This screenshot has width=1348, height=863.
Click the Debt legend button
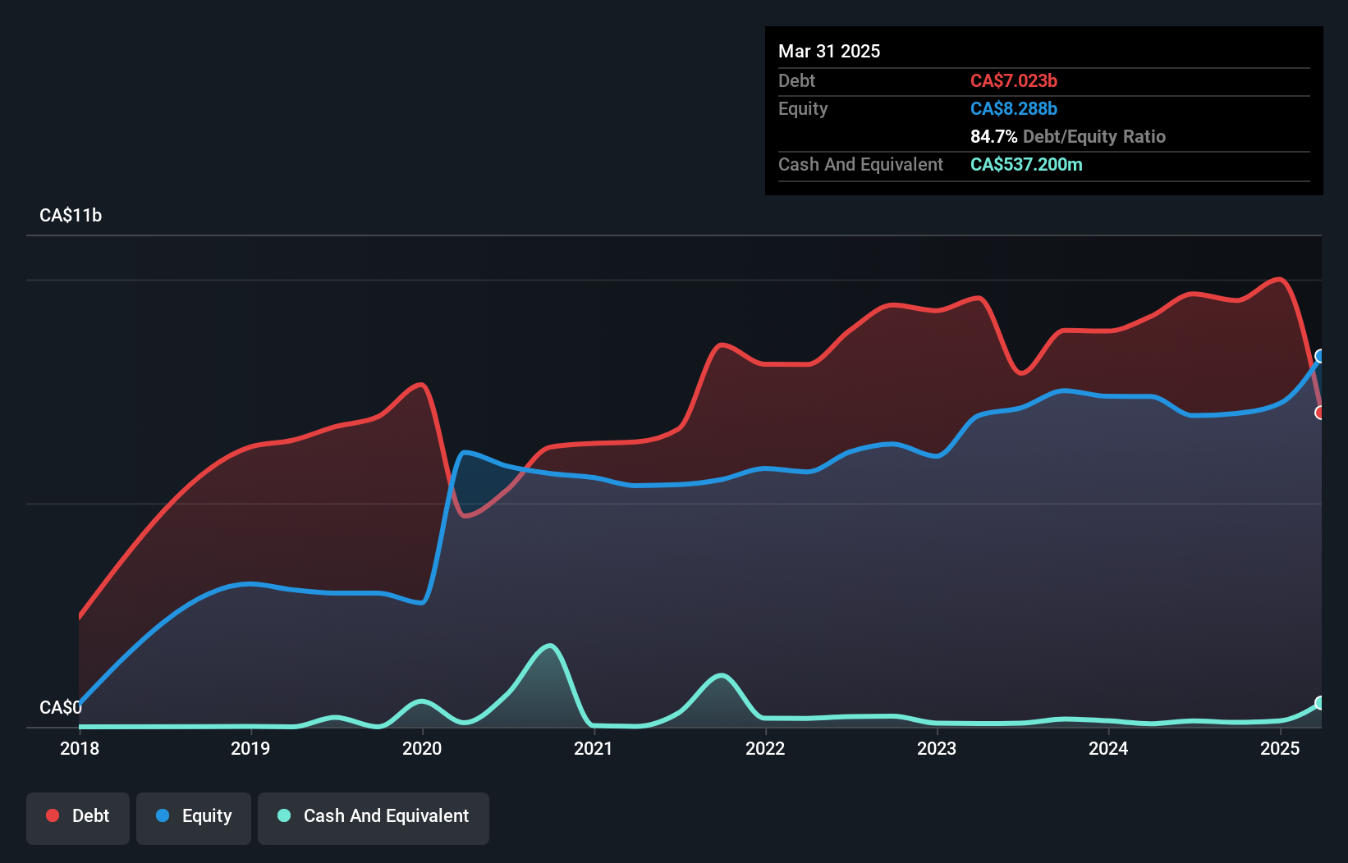(78, 816)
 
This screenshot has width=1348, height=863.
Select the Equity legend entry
(194, 816)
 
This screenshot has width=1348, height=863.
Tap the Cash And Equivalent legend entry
(374, 816)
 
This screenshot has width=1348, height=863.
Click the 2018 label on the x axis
(80, 748)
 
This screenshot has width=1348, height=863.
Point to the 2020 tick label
(422, 748)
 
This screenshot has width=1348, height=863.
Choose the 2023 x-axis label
(937, 748)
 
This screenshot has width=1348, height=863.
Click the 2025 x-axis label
(1280, 748)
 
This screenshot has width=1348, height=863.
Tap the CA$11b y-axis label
(71, 216)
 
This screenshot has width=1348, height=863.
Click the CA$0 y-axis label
(61, 707)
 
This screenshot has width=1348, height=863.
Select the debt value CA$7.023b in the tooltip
(1013, 81)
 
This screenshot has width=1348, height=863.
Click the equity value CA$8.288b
(1013, 109)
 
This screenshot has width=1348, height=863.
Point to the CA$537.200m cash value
(1026, 165)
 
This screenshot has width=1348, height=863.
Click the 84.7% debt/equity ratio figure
(993, 137)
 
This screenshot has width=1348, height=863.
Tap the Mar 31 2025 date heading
(829, 52)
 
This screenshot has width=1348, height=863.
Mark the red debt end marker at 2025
(1320, 413)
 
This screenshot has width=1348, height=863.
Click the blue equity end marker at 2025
(1320, 356)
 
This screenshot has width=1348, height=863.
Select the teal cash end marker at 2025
(1320, 703)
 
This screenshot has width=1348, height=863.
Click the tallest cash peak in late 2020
(551, 646)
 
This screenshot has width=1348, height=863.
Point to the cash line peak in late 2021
(721, 676)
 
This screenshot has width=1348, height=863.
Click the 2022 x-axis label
(765, 748)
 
